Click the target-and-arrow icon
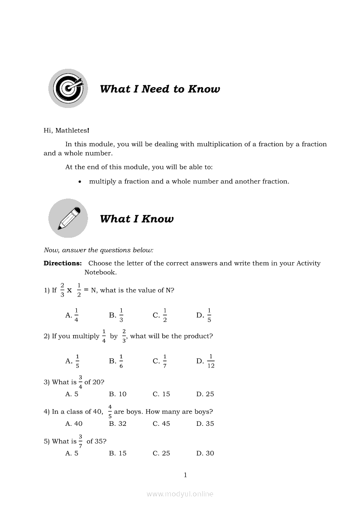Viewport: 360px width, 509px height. tap(68, 88)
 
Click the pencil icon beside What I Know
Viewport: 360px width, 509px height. tap(68, 218)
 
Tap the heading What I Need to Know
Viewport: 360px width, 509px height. tap(160, 89)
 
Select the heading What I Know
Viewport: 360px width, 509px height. tap(136, 219)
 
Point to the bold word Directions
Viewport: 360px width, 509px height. tap(63, 263)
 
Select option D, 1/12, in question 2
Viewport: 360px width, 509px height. tap(206, 361)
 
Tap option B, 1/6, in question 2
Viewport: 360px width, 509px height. tap(116, 361)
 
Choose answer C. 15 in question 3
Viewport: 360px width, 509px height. tap(161, 394)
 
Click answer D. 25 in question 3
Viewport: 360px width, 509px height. tap(205, 394)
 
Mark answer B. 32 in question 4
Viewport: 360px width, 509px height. tap(118, 424)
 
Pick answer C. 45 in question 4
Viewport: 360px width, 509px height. tap(161, 424)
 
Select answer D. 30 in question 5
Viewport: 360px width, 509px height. tap(205, 453)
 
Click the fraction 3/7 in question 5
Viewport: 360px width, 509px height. tap(81, 441)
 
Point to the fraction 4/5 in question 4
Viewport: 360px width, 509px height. tap(110, 411)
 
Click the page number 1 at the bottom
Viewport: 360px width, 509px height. tap(185, 475)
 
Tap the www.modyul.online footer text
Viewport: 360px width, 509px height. tap(180, 494)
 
